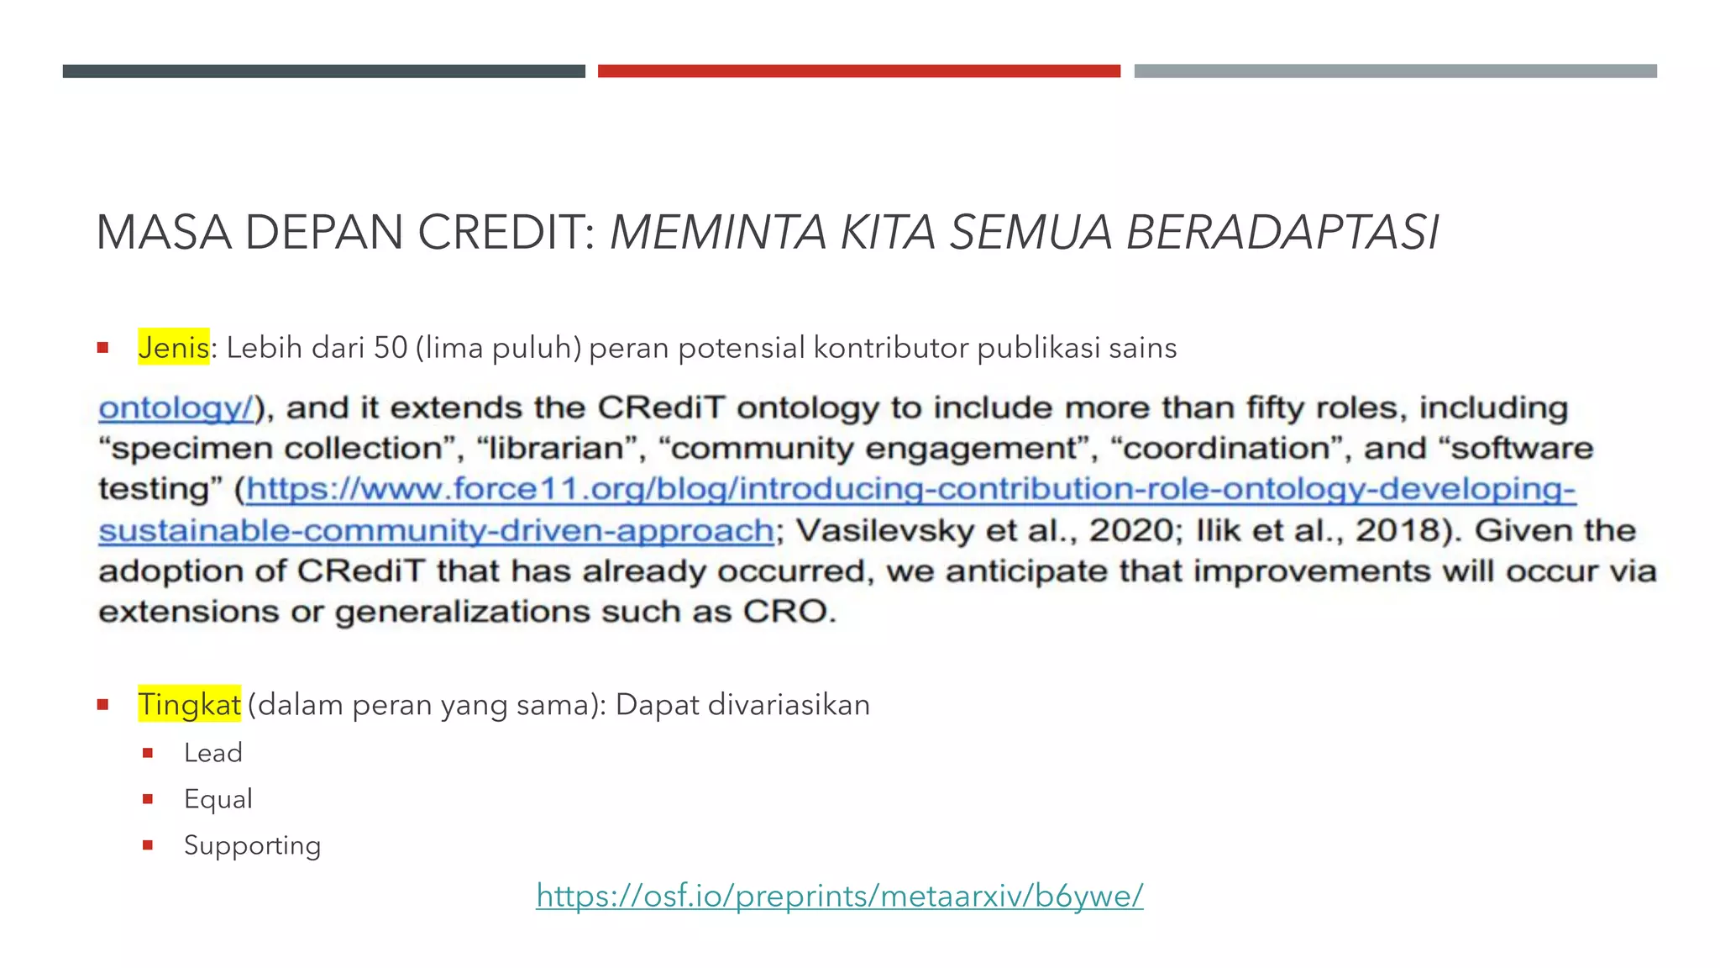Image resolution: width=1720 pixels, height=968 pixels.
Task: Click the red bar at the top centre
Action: [858, 71]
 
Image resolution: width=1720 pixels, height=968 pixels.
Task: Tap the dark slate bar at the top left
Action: [323, 71]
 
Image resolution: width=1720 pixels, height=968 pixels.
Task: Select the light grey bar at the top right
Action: [1395, 71]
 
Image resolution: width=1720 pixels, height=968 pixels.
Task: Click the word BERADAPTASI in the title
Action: [1282, 233]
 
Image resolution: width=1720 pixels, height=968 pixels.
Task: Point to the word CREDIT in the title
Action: [506, 233]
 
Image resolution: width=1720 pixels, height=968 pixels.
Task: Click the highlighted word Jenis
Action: [173, 347]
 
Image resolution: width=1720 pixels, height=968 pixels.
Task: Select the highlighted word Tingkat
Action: [189, 704]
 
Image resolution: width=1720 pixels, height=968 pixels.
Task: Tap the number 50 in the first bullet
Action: [391, 347]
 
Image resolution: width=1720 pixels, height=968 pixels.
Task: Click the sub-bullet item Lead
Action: [213, 753]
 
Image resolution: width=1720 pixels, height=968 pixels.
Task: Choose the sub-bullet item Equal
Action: [218, 799]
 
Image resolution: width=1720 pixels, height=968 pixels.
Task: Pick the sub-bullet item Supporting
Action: [252, 845]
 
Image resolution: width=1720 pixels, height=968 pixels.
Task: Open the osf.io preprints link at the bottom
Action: [839, 896]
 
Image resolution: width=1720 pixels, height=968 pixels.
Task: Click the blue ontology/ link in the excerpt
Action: [176, 408]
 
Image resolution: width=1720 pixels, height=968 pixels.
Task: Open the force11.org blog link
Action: [910, 489]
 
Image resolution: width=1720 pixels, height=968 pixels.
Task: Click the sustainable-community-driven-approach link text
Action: [436, 530]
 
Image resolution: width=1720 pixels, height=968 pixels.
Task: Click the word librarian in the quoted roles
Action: [558, 449]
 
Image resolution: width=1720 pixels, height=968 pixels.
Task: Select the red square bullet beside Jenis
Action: [102, 347]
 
